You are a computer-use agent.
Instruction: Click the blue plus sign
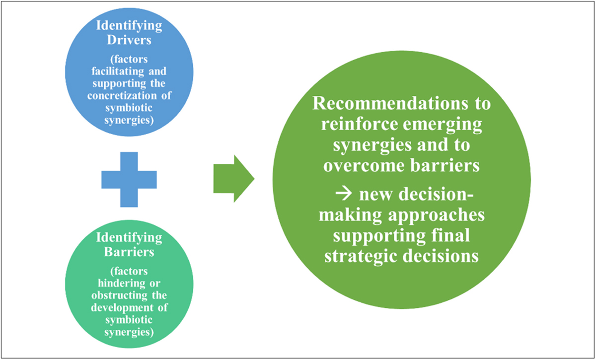tap(129, 179)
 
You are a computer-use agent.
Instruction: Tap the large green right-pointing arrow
tap(233, 179)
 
